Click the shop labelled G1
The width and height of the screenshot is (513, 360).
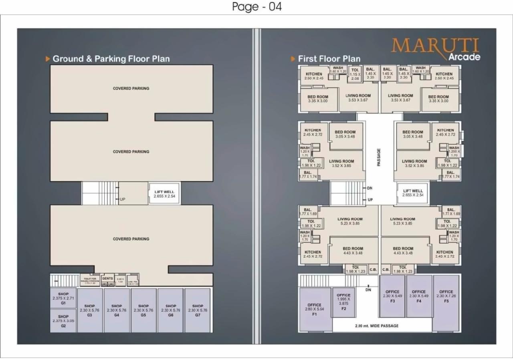click(x=63, y=298)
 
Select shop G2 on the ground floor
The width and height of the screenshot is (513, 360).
click(x=63, y=320)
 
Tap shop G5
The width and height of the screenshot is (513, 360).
click(x=143, y=310)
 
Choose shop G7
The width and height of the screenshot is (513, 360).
click(x=198, y=310)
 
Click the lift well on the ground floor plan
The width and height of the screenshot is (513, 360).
click(x=164, y=194)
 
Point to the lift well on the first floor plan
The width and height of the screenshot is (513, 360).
click(x=413, y=193)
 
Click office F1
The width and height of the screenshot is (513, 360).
click(x=315, y=309)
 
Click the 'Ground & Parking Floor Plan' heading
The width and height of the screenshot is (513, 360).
click(x=111, y=59)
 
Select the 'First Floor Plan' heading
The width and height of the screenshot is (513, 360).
click(x=329, y=59)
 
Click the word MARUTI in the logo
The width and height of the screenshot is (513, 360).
click(x=435, y=46)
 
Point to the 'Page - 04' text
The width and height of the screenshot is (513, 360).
click(x=257, y=7)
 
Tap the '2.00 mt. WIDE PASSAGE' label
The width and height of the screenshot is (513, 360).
click(x=377, y=326)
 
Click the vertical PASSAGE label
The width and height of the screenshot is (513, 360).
click(x=379, y=157)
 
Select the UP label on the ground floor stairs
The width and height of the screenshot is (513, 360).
click(x=122, y=199)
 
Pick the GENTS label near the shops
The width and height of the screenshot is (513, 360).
click(x=107, y=278)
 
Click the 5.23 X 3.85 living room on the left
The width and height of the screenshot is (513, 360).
click(x=350, y=221)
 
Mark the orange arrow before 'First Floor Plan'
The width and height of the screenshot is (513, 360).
click(x=293, y=59)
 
